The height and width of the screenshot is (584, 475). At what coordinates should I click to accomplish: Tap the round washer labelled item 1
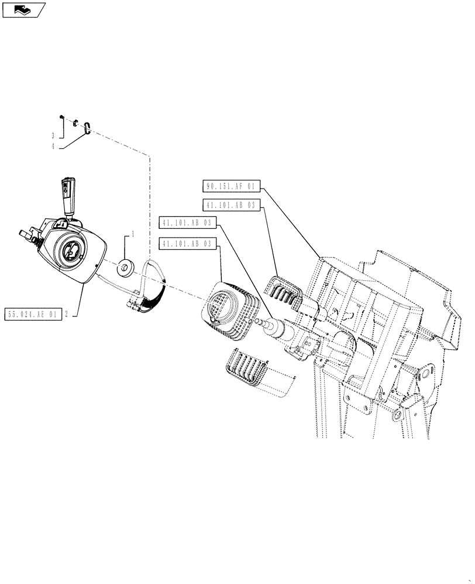(125, 269)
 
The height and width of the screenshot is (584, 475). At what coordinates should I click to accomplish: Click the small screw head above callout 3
(61, 116)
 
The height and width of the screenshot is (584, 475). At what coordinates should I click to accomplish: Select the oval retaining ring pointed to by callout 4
(87, 127)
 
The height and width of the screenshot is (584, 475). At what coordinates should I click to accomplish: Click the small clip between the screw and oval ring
(75, 123)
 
